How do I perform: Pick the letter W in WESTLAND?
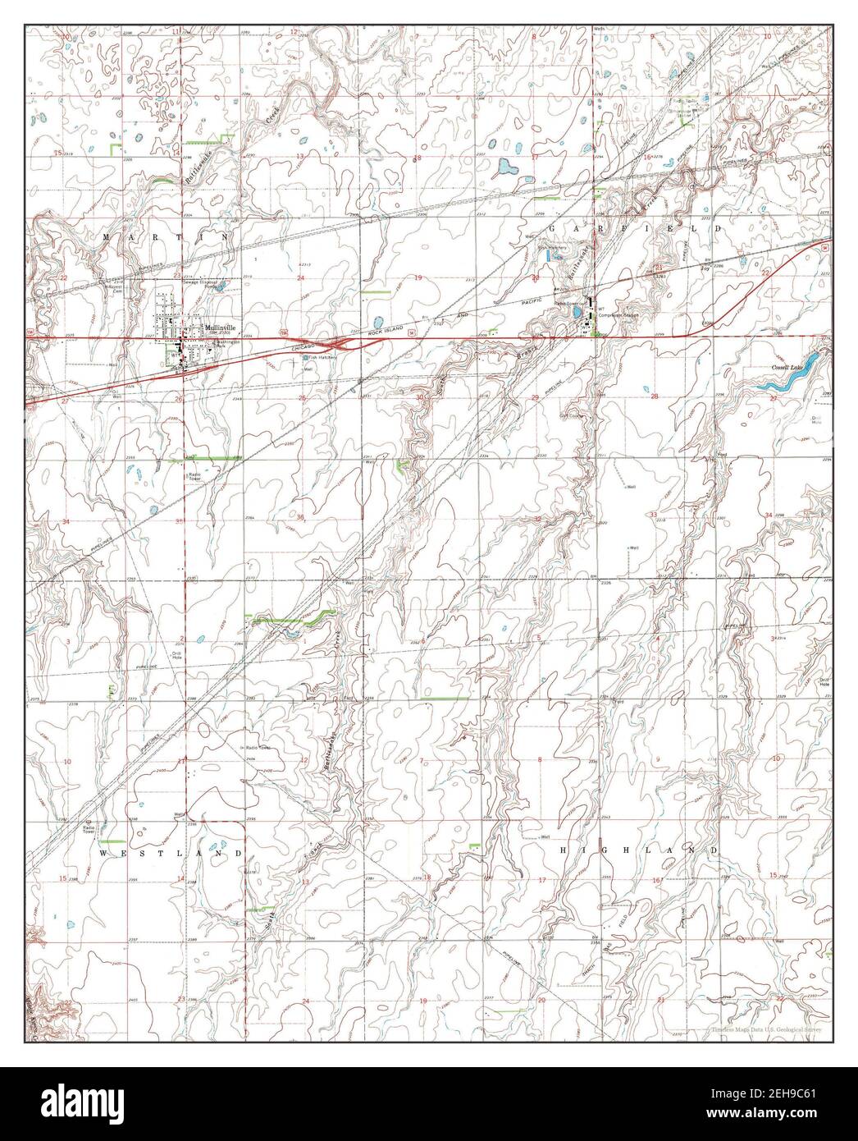tap(104, 853)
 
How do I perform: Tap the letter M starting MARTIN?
tap(107, 236)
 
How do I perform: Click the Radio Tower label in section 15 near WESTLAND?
tap(85, 830)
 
